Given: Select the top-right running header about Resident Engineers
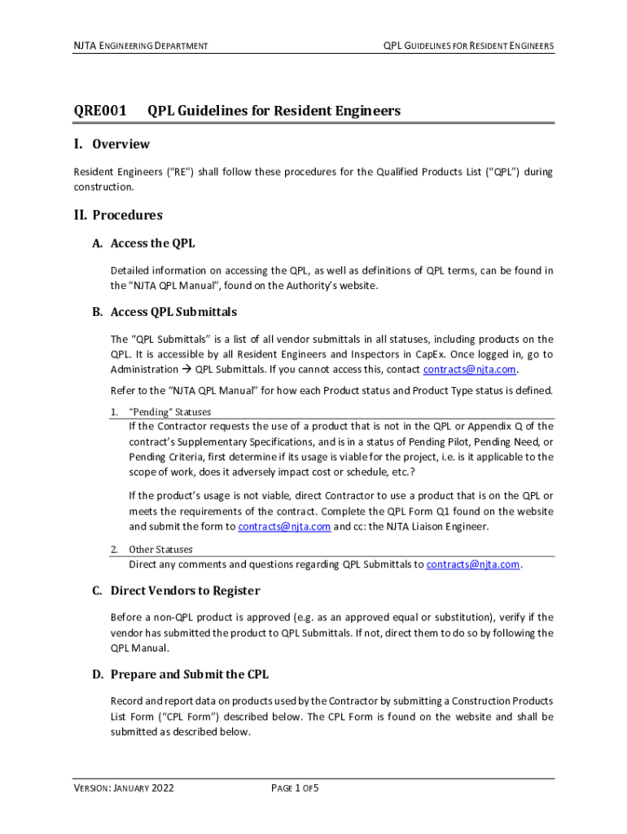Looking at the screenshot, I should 468,46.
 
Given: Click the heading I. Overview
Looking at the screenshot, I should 112,144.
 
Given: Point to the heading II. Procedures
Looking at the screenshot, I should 118,215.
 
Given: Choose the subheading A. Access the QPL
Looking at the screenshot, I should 143,244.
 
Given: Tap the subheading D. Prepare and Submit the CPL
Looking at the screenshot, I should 180,674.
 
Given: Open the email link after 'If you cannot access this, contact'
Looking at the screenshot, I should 470,369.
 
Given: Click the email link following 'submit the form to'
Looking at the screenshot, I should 284,526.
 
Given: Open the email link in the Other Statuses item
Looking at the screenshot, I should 472,564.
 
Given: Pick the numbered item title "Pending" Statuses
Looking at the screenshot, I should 169,412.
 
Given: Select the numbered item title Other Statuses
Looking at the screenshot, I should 160,550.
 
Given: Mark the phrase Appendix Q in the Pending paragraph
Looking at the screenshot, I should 511,426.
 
